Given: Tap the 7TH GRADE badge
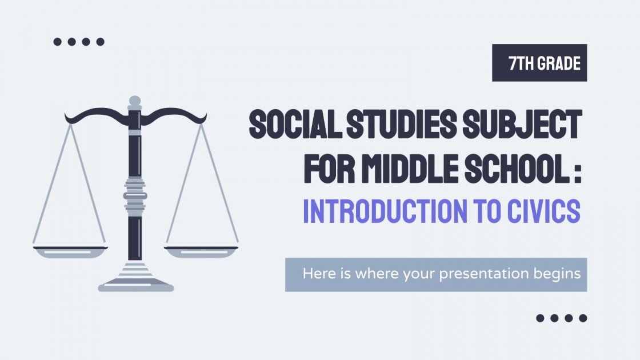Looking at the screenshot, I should click(x=539, y=63).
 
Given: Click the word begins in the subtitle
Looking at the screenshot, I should click(x=558, y=274).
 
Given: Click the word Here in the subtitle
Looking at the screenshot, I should click(x=316, y=274).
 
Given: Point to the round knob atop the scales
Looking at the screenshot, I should click(x=135, y=102).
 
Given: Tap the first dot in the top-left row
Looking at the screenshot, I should click(x=57, y=41).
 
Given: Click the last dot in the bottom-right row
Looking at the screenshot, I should click(x=583, y=318).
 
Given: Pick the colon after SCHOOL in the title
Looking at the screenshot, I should click(x=578, y=169).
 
